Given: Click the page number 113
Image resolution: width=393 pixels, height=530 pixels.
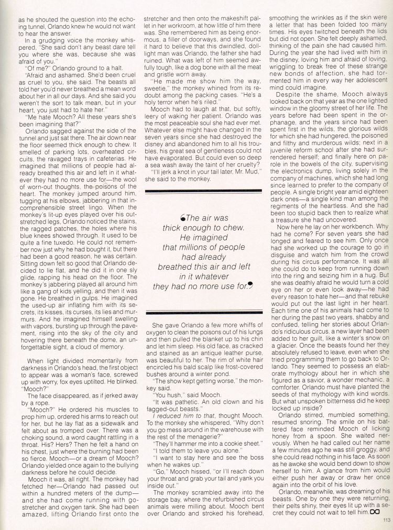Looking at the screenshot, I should coord(387,520).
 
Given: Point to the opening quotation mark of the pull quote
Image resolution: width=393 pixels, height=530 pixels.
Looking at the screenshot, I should coord(182,218).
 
